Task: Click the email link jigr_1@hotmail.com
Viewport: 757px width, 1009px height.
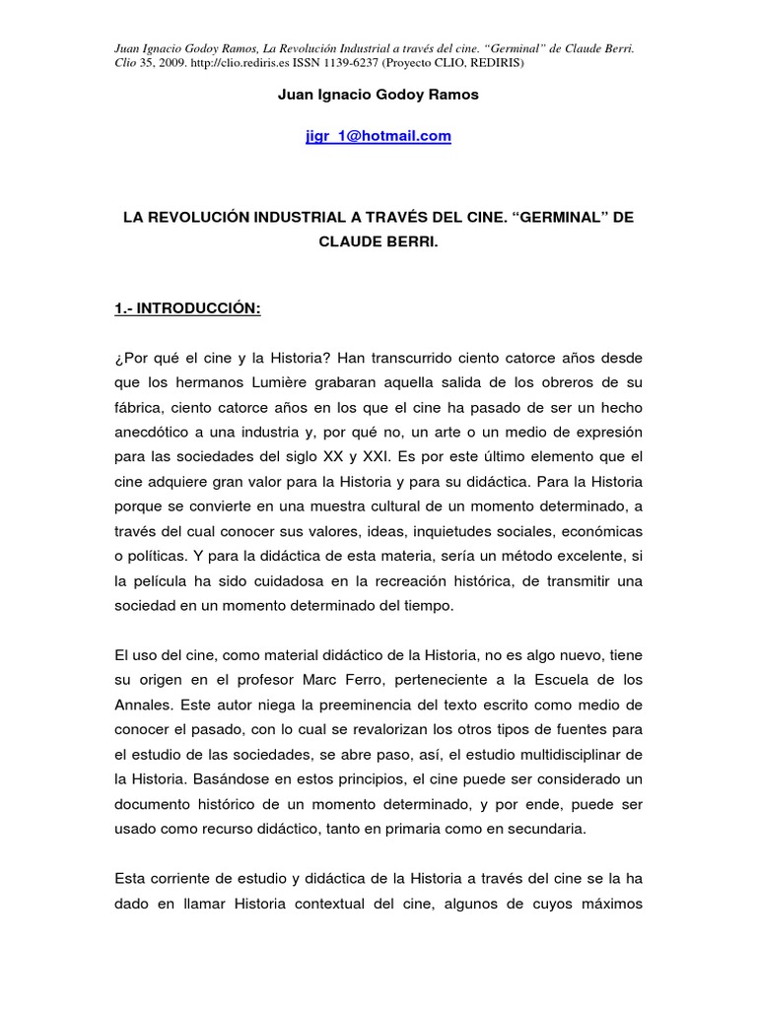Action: [378, 137]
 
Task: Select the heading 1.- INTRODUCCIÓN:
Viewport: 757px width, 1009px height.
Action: [187, 308]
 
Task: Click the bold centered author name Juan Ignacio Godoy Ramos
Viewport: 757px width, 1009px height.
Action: [378, 95]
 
